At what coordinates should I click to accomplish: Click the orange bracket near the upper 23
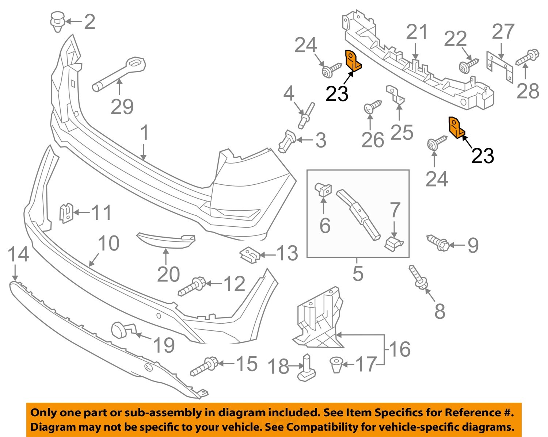pos(352,61)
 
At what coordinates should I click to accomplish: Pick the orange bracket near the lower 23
pos(456,128)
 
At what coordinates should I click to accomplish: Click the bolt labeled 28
pos(526,58)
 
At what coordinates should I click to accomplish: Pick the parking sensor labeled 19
pos(121,330)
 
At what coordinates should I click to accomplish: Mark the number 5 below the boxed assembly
pos(358,273)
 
